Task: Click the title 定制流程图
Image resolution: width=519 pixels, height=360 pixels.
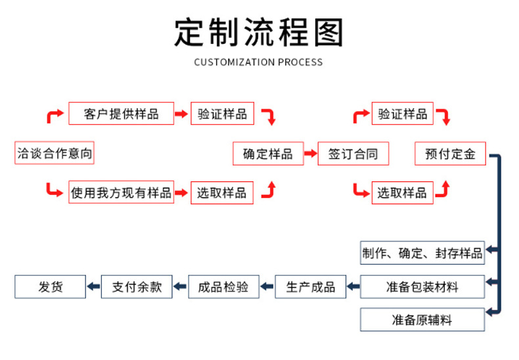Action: [259, 32]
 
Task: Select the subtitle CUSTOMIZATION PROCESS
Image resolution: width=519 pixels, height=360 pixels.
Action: [259, 62]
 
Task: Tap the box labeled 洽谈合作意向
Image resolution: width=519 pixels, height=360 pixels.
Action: [55, 154]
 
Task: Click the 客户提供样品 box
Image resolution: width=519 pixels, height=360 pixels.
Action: [122, 114]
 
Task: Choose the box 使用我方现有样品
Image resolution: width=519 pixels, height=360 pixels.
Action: [121, 192]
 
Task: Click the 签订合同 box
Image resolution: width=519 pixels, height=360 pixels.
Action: [353, 154]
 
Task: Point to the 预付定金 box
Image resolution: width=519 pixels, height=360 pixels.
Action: [450, 154]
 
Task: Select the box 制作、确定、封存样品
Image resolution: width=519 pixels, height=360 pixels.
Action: [422, 253]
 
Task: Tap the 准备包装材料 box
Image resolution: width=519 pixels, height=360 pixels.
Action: [422, 287]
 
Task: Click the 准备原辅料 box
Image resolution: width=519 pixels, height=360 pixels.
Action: [422, 320]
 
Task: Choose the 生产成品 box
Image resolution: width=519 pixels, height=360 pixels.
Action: [310, 287]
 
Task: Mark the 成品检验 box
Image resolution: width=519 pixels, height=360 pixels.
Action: [223, 287]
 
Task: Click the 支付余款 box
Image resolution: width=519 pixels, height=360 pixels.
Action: [137, 287]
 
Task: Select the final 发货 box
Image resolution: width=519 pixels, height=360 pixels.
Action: [50, 287]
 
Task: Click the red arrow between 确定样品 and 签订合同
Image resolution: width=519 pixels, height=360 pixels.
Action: [310, 154]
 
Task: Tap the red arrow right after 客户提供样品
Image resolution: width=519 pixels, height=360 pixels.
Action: [182, 114]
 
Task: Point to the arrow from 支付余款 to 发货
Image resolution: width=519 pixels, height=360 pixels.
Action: [93, 287]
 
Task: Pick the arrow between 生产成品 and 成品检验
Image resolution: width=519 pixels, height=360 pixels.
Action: [267, 287]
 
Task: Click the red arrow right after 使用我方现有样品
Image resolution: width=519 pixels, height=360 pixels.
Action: [182, 193]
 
